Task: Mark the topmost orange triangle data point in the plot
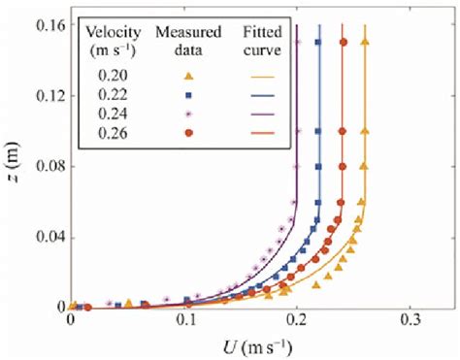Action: coord(365,42)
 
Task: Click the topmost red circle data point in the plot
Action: coord(342,42)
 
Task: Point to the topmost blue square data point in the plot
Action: coord(320,42)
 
